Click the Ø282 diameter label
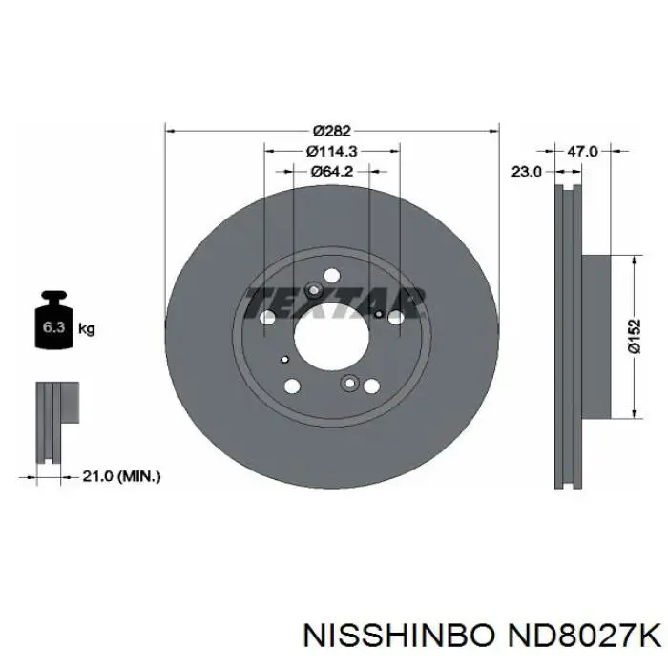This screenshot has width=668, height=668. point(332,131)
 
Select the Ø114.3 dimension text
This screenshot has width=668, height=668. point(332,151)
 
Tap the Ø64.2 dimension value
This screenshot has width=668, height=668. point(332,171)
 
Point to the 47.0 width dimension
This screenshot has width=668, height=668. point(583,151)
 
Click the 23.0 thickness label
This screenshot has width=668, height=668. point(526,172)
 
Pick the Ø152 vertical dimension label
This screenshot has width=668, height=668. point(635,336)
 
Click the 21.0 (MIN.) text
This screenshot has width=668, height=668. point(121,476)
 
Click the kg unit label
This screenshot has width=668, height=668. point(87,329)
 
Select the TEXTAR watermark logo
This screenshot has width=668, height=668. point(335,303)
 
